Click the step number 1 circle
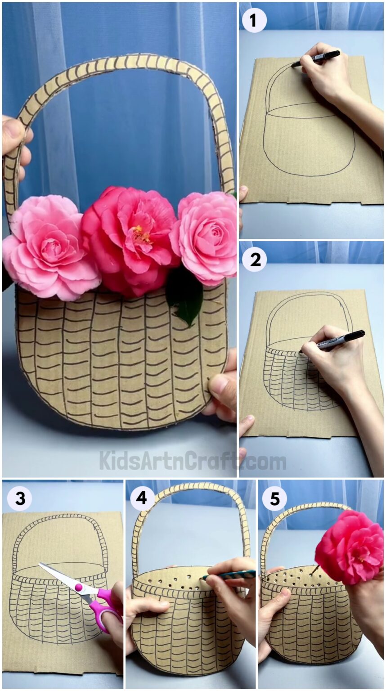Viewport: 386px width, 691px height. pyautogui.click(x=254, y=21)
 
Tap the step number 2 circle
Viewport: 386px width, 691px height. pyautogui.click(x=255, y=260)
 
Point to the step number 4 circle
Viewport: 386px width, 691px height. pyautogui.click(x=142, y=498)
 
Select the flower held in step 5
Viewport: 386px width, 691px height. pyautogui.click(x=349, y=546)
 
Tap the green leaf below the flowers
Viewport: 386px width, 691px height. pyautogui.click(x=185, y=297)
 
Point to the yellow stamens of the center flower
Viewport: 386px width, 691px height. pyautogui.click(x=142, y=234)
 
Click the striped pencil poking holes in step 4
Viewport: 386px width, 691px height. pyautogui.click(x=229, y=575)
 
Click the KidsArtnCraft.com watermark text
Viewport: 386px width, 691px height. pyautogui.click(x=193, y=461)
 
